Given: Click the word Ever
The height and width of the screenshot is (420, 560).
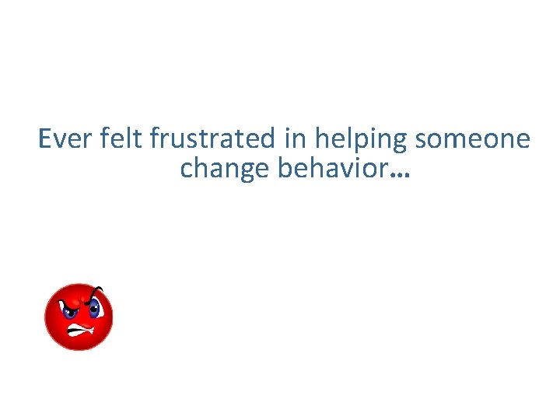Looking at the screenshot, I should [x=66, y=139].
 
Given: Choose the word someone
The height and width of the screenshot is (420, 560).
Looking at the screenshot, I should [x=473, y=139].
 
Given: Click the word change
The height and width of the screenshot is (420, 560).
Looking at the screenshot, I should [x=226, y=169].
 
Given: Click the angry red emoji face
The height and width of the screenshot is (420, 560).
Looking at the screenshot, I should [x=79, y=317].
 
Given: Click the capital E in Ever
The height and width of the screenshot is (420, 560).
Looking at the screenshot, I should [x=44, y=139].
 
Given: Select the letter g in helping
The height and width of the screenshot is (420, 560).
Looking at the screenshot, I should [x=400, y=143].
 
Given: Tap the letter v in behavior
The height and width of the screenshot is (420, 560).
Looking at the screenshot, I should [x=352, y=169].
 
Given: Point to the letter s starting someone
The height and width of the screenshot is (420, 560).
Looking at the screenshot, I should [x=421, y=141].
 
